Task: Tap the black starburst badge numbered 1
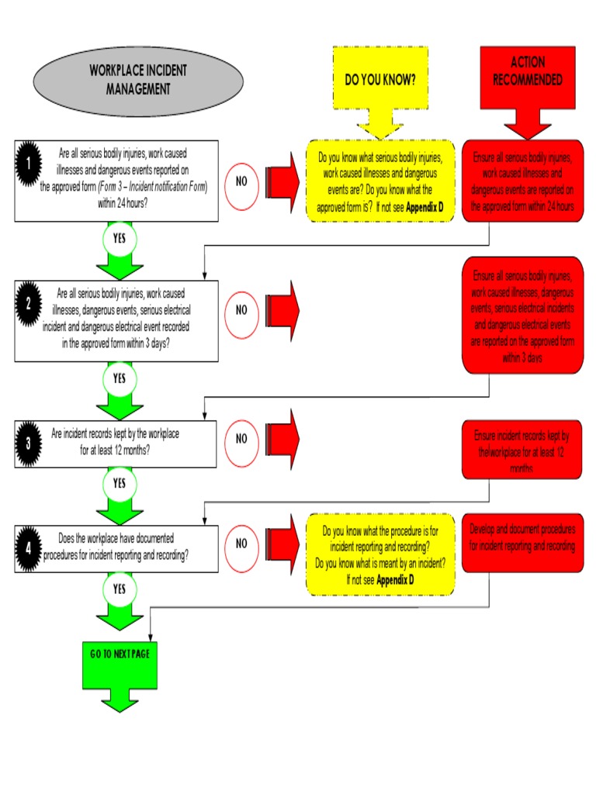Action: pyautogui.click(x=29, y=164)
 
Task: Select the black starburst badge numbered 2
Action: pyautogui.click(x=29, y=304)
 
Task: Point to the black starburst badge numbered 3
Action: pyautogui.click(x=29, y=444)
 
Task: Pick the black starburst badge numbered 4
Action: pyautogui.click(x=29, y=547)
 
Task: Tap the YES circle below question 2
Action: pyautogui.click(x=119, y=378)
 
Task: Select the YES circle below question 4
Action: pyautogui.click(x=119, y=589)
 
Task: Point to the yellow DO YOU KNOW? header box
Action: pyautogui.click(x=380, y=80)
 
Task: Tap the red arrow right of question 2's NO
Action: pyautogui.click(x=282, y=309)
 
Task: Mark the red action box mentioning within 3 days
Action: pyautogui.click(x=521, y=316)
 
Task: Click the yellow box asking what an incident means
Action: pyautogui.click(x=380, y=554)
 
